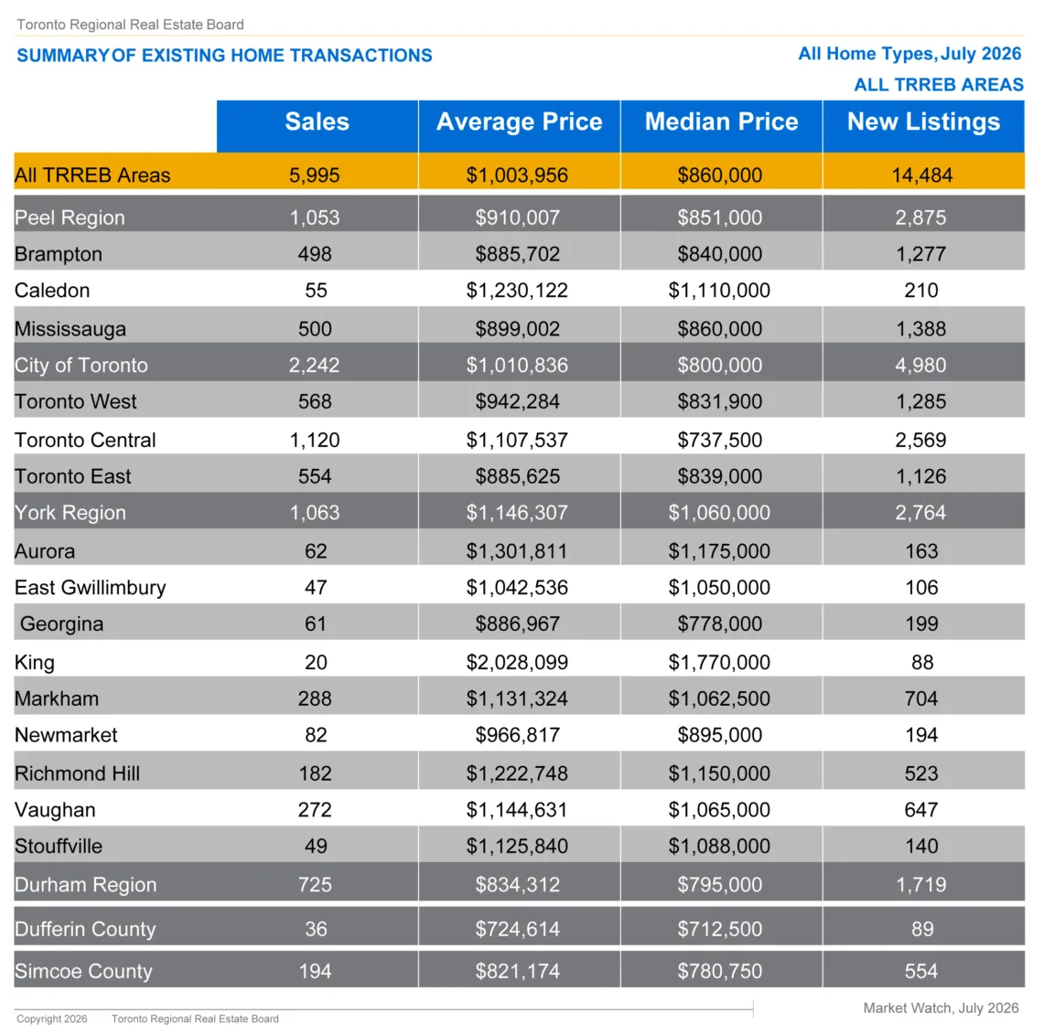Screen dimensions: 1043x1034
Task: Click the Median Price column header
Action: (x=721, y=122)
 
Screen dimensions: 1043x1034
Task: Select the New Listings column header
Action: (x=923, y=122)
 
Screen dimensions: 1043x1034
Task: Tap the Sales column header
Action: (x=317, y=122)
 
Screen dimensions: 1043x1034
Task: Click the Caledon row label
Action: (x=52, y=291)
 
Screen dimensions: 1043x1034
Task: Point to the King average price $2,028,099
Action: (x=517, y=662)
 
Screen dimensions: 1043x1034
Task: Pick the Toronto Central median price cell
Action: (x=720, y=440)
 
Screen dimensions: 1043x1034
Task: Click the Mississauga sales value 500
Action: (x=315, y=328)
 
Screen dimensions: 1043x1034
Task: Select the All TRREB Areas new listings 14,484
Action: (x=922, y=175)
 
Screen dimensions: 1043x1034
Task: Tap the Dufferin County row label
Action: (x=85, y=928)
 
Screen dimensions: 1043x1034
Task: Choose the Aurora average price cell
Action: (x=517, y=551)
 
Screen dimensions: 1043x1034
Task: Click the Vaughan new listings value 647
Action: (x=921, y=809)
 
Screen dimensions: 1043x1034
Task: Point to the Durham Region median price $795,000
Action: (x=720, y=884)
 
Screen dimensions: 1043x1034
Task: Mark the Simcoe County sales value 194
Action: (x=315, y=971)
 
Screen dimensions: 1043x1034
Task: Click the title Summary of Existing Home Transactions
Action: (x=224, y=55)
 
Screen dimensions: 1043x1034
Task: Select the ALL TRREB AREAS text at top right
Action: (x=939, y=84)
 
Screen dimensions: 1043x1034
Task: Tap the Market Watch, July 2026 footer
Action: (x=941, y=1008)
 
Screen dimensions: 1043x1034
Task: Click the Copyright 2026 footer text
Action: (x=52, y=1018)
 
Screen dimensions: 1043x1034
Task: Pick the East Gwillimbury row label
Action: (x=91, y=588)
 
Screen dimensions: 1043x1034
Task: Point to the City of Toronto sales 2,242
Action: (x=314, y=365)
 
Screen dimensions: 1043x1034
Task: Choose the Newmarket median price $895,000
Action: (x=720, y=735)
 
